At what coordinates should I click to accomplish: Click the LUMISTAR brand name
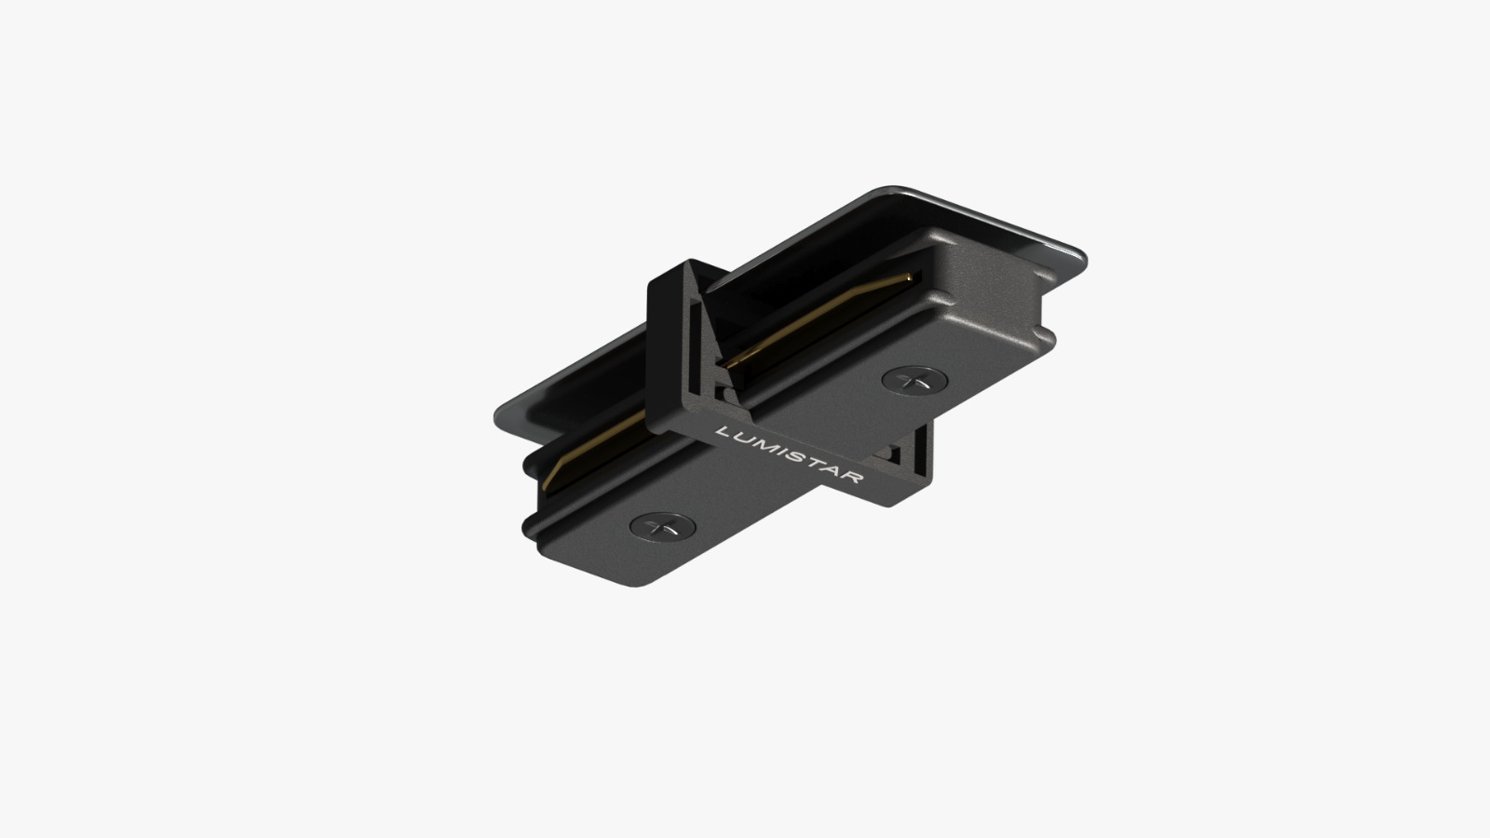coord(790,455)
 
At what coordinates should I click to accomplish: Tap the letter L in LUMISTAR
coord(723,432)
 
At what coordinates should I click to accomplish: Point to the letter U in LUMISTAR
coord(740,438)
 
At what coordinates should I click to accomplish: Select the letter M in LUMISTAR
coord(760,444)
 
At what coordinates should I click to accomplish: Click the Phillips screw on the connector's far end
coord(914,381)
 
